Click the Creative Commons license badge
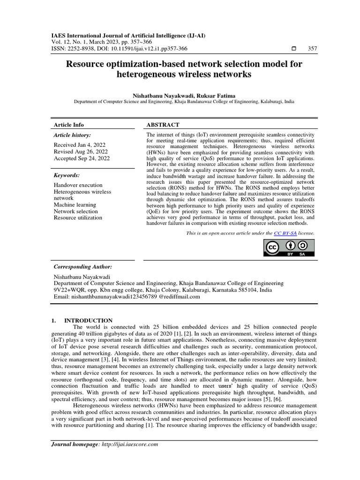pos(289,248)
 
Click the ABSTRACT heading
pos(163,125)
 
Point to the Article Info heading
pos(69,125)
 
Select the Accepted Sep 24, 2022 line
pos(82,158)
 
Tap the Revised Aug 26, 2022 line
pos(81,151)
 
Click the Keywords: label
pos(67,175)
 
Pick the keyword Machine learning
pos(75,205)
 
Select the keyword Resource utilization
pos(78,217)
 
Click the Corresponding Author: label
pos(82,266)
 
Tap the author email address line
pos(127,297)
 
